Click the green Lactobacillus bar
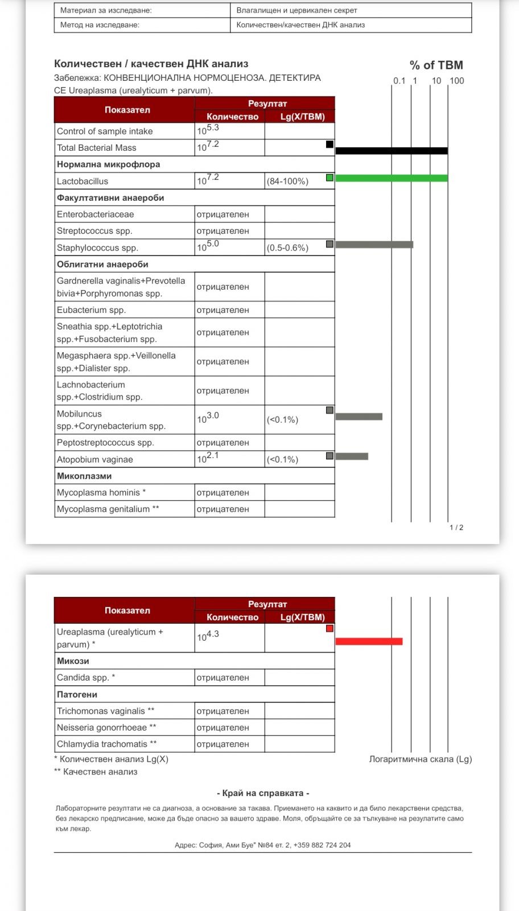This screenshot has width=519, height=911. pos(392,178)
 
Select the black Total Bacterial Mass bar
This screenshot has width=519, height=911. pos(392,151)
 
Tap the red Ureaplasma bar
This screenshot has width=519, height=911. pos(369,641)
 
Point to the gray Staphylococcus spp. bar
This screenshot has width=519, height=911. pos(374,245)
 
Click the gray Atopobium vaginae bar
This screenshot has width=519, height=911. pos(352,456)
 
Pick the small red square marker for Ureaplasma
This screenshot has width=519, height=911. pos(329,629)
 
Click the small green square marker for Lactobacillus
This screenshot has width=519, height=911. pos(329,178)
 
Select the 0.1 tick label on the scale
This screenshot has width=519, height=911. pos(399,81)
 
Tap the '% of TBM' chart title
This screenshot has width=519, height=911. pos(436,65)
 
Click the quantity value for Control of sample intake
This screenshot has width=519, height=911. pos(208,130)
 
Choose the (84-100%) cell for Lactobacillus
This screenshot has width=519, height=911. pos(287,182)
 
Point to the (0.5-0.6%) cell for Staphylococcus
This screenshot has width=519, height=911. pos(287,248)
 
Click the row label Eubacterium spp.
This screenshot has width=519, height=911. pos(91,310)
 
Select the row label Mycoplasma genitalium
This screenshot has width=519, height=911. pos(108,509)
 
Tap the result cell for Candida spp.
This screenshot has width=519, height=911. pos(223,678)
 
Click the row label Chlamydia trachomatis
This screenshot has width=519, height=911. pos(106,744)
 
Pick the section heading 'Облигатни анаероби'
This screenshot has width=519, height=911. pos(102,265)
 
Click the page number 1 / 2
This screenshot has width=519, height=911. pos(456,527)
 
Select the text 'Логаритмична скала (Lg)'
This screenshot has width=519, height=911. pos(421,759)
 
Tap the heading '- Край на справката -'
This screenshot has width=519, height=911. pos(263,793)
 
